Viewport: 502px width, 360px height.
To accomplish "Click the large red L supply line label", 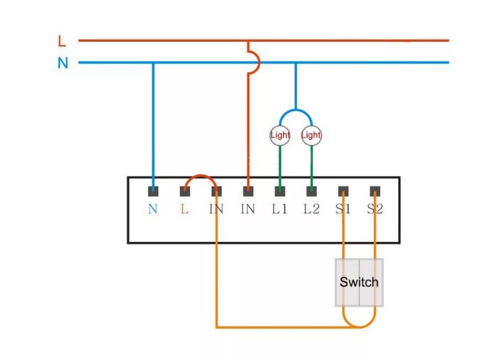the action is pos(62,41).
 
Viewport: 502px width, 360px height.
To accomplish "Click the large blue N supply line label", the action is pos(63,63).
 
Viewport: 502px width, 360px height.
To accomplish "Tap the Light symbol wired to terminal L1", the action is pos(280,135).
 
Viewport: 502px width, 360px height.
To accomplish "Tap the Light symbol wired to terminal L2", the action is pos(311,135).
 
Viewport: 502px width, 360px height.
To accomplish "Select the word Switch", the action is pos(359,282).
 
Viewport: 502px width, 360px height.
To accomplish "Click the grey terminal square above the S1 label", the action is pos(343,192).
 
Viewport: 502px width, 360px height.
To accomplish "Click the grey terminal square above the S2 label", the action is pos(375,192).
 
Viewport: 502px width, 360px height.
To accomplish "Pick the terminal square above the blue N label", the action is pos(153,192).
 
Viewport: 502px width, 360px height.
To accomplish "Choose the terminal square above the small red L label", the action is pos(185,192).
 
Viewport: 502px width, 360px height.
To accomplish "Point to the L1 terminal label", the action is pos(280,209).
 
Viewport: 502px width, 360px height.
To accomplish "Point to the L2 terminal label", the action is pos(311,209).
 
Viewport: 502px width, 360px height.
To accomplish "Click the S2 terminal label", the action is pos(375,209).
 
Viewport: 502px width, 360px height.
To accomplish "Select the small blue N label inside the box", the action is pos(153,209).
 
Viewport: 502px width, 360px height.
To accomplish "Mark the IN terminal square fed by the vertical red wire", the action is pos(248,192).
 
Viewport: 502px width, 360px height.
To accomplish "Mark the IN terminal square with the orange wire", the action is pos(216,192).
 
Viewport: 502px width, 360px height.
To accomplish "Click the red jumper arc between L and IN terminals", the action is pos(201,176).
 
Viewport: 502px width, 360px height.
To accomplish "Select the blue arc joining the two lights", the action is pos(296,111).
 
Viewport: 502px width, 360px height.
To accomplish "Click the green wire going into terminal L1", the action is pos(280,166).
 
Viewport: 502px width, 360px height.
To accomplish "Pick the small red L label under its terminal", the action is pos(184,209).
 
